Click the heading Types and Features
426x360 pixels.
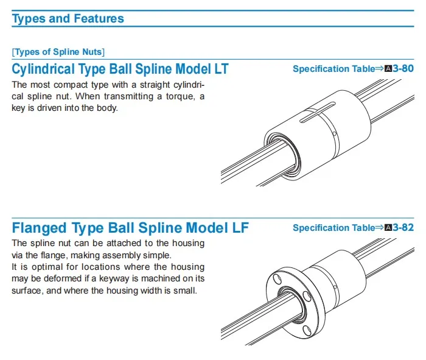[x=68, y=18]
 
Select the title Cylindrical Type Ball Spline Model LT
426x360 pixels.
[x=120, y=69]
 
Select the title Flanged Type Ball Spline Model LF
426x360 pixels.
[x=130, y=228]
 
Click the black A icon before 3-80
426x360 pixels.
[x=389, y=69]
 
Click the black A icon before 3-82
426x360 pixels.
[x=389, y=228]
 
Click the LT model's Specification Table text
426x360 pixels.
[x=333, y=69]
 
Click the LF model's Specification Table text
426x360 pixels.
[x=333, y=228]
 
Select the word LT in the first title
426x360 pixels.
[x=220, y=69]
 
